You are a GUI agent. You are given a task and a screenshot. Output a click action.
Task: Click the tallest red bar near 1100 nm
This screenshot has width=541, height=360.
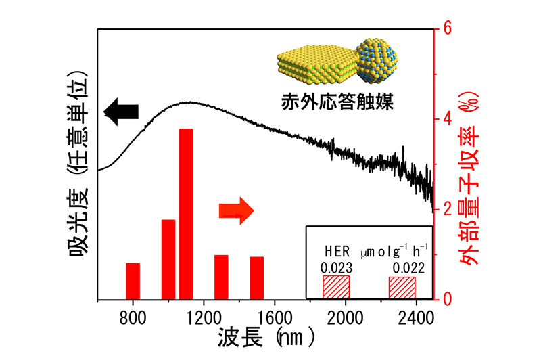tap(186, 213)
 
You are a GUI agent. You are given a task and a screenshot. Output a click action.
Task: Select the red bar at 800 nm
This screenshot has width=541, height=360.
tap(133, 281)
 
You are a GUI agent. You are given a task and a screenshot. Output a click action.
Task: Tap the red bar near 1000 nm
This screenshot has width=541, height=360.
tap(168, 259)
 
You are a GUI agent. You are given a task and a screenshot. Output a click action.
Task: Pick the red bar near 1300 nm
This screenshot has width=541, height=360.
tap(221, 277)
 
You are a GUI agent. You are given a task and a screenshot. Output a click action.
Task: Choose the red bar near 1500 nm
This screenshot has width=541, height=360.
tap(256, 277)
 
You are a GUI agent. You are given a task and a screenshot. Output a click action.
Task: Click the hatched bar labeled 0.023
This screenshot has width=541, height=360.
tap(336, 286)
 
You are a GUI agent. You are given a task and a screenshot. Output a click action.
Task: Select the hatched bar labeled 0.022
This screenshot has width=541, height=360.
tap(402, 286)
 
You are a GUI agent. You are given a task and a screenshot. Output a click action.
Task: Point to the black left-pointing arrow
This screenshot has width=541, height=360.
tap(120, 111)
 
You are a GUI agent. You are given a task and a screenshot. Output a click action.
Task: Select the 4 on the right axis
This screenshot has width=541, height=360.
tap(447, 119)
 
